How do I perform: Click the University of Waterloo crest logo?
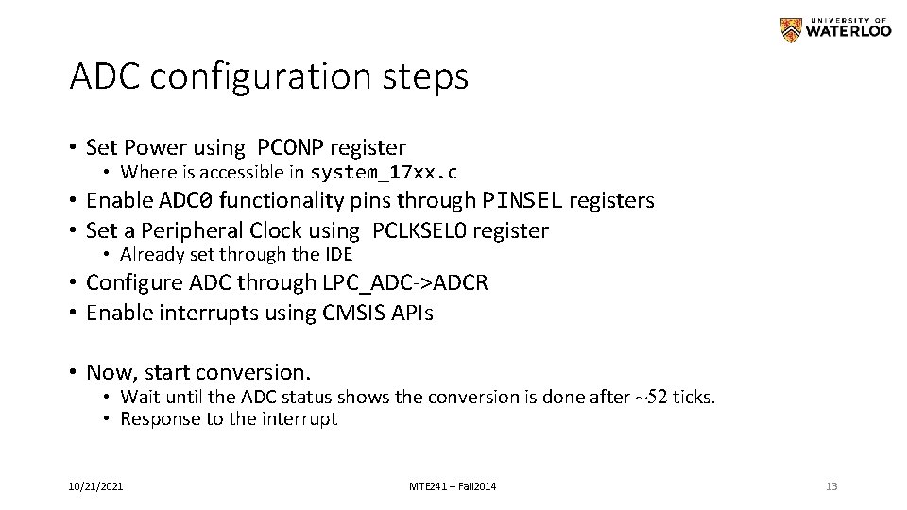point(790,30)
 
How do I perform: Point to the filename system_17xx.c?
point(385,173)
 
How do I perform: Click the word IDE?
point(335,255)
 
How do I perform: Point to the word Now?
point(108,372)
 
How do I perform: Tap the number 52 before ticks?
point(656,398)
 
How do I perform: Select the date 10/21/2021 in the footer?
point(94,486)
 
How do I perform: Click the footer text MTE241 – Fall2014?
point(453,486)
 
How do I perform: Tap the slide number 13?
point(831,486)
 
